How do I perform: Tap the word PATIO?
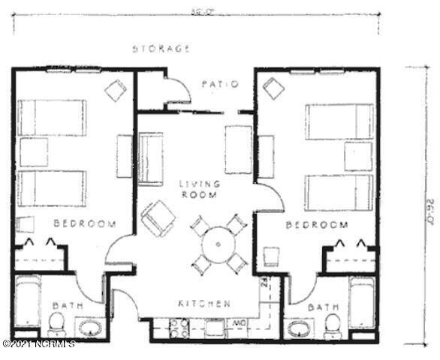pos(220,84)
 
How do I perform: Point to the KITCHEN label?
pos(203,304)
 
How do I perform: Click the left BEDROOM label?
pos(85,223)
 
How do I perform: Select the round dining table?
pos(218,242)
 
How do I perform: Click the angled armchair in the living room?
pos(158,217)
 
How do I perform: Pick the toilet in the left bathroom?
pos(57,325)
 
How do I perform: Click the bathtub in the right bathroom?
pos(362,302)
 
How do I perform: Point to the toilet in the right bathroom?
pos(333,325)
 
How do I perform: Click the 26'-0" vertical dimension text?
pos(430,210)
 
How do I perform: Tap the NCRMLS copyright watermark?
pos(39,345)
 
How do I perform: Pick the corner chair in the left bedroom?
pos(115,91)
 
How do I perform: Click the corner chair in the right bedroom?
pos(274,89)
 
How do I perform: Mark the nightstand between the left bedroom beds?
pos(33,152)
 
